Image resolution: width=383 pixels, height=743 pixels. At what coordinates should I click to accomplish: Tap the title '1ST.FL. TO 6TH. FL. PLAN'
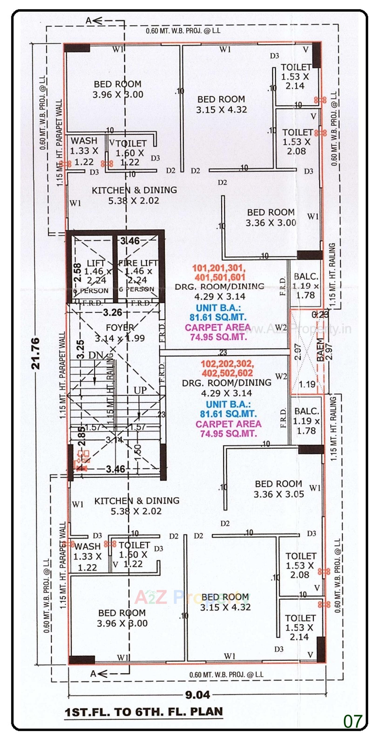pos(144,712)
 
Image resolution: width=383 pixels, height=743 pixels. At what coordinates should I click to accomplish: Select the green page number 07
pos(352,721)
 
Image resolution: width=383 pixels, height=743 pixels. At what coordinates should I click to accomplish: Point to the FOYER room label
pos(120,328)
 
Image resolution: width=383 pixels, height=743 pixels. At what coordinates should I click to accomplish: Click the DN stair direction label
pos(95,355)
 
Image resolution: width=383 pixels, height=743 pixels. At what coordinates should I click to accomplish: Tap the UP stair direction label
pos(140,390)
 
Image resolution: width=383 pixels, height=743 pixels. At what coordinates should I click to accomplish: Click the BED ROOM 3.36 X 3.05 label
pos(279,489)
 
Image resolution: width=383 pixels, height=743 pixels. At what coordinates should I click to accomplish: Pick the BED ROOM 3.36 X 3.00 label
pos(271,217)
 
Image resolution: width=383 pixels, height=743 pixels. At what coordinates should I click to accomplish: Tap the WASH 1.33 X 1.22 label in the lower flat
pos(87,557)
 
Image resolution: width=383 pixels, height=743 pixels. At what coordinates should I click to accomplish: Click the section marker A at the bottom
pos(93,674)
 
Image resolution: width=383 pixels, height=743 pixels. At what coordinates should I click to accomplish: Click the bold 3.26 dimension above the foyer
pos(112,312)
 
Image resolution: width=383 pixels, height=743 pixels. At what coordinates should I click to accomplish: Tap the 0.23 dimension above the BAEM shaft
pos(320,314)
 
